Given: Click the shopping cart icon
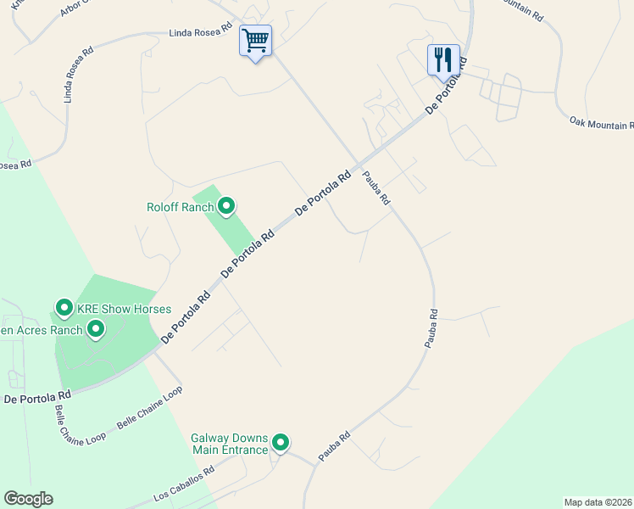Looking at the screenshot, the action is coord(255,40).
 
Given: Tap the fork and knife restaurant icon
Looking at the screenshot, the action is coord(443,59).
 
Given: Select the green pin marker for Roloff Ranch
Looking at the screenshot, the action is coord(226,206).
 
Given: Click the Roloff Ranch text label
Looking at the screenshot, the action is coord(180,207).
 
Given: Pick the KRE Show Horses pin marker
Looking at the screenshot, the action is coord(64,308).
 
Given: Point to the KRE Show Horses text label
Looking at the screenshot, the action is coord(125,309).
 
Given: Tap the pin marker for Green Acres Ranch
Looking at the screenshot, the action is coord(96,329).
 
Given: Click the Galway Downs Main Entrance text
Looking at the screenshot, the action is coord(229,444).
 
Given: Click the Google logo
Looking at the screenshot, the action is coord(28,499).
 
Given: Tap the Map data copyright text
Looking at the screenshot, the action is coord(598,501).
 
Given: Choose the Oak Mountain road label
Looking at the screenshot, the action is coord(602,124).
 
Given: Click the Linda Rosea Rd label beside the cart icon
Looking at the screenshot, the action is coord(201,32).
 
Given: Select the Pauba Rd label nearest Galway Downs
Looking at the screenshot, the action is coord(334,448).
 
